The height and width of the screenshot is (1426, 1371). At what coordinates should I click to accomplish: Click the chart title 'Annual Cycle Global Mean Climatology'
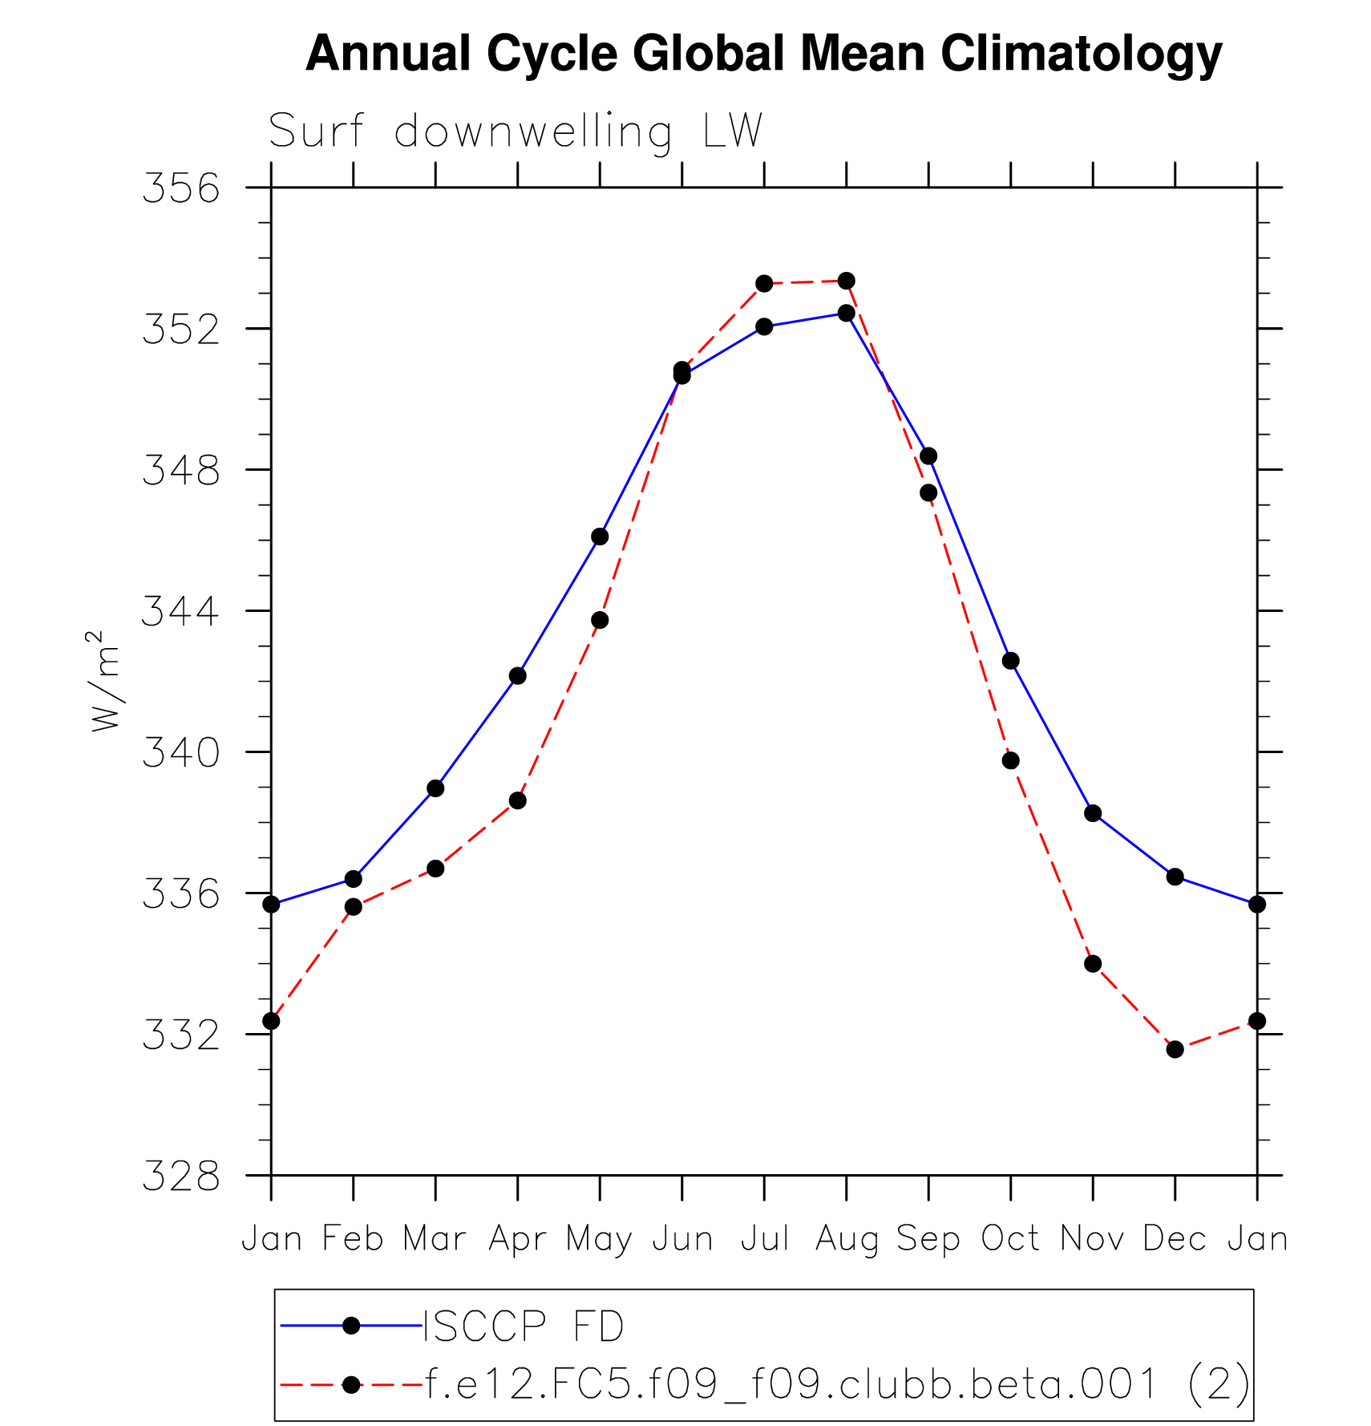pos(763,54)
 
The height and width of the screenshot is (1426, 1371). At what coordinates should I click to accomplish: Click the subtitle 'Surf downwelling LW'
pos(515,131)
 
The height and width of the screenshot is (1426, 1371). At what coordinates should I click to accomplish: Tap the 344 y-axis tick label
pos(180,612)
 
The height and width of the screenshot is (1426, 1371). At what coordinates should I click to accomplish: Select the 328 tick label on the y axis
pos(180,1177)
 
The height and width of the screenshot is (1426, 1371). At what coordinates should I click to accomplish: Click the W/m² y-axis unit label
pos(105,682)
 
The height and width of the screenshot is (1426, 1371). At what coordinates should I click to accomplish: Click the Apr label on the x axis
pos(517,1239)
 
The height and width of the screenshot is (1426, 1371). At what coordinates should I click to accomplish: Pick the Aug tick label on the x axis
pos(846,1239)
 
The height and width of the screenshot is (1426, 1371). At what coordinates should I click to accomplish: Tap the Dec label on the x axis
pos(1175,1239)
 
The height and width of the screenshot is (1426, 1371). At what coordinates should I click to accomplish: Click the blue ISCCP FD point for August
pos(846,313)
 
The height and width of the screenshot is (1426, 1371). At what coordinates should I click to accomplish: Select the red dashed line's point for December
pos(1175,1049)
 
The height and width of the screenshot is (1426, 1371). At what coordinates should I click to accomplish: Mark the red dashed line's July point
pos(764,283)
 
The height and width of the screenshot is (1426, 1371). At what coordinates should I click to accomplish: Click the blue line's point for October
pos(1010,661)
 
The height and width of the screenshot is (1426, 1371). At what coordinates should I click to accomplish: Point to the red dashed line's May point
pos(600,620)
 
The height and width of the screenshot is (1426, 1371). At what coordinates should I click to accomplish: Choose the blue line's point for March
pos(435,788)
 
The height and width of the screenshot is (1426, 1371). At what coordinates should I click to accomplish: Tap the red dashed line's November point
pos(1093,963)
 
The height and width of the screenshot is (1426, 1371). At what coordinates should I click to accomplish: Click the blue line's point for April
pos(517,676)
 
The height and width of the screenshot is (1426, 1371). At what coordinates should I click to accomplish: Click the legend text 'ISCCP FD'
pos(524,1326)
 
